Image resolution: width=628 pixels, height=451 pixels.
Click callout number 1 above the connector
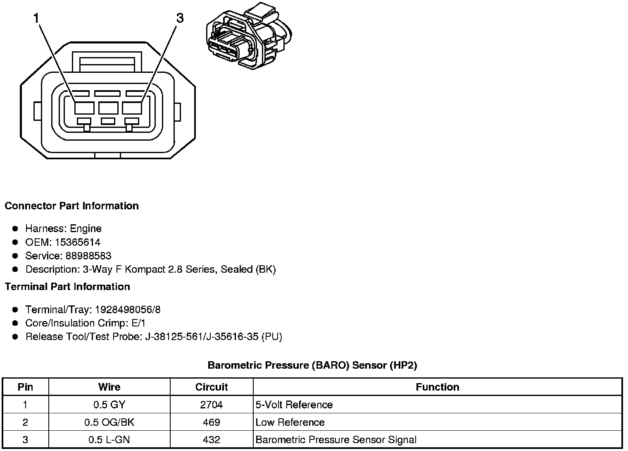[x=36, y=19]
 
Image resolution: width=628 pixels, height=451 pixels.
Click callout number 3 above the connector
[x=180, y=19]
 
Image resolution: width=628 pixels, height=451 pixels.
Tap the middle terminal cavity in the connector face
[x=108, y=108]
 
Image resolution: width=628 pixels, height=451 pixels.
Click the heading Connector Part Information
[x=71, y=206]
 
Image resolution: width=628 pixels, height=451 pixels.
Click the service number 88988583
[x=88, y=256]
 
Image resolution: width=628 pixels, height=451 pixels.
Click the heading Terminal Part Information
[x=67, y=287]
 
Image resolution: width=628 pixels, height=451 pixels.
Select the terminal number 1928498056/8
[x=128, y=309]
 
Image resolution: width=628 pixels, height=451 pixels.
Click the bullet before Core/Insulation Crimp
[x=15, y=323]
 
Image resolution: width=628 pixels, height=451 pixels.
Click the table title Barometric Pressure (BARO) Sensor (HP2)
[x=312, y=365]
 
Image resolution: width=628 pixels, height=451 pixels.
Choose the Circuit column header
[x=212, y=387]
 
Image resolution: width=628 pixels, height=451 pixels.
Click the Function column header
[x=438, y=387]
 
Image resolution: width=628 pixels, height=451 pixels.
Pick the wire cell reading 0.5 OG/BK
[x=109, y=422]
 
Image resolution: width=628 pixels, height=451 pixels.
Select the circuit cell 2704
[x=212, y=405]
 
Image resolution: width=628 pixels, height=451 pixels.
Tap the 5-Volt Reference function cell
[x=294, y=405]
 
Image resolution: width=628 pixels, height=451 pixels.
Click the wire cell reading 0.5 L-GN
[x=109, y=440]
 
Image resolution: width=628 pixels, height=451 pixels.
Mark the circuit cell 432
[x=212, y=440]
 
